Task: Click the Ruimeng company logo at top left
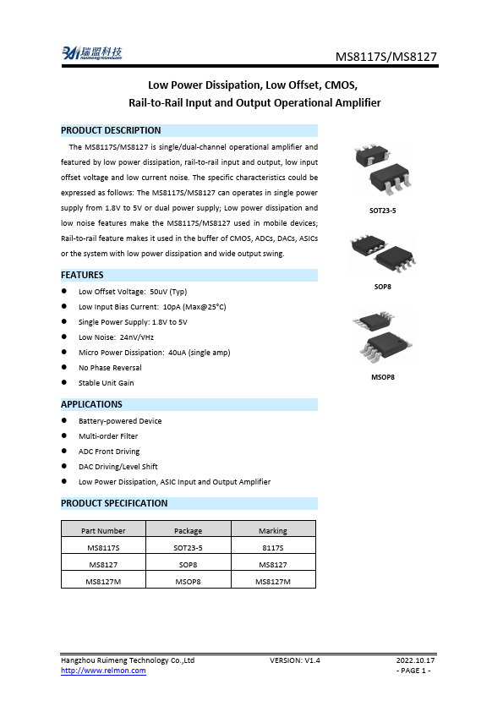click(x=91, y=54)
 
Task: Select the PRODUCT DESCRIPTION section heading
click(x=111, y=130)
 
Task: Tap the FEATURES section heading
click(x=82, y=275)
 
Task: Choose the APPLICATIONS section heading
click(x=91, y=405)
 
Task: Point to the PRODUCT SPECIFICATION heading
click(x=114, y=503)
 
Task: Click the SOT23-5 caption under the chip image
click(x=382, y=210)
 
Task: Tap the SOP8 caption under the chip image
click(x=382, y=287)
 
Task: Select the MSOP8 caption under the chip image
click(x=382, y=376)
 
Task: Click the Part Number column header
click(x=103, y=531)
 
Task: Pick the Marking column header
click(x=272, y=531)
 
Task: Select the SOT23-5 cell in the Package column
click(x=188, y=547)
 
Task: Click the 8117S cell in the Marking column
click(x=272, y=547)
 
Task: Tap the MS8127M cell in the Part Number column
click(x=103, y=581)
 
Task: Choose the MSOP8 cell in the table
click(x=188, y=581)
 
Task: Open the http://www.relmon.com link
click(x=103, y=671)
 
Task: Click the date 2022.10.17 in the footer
click(x=415, y=660)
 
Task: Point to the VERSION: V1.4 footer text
click(x=295, y=660)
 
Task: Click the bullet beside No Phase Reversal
click(x=65, y=368)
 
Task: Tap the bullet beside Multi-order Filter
click(x=65, y=436)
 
